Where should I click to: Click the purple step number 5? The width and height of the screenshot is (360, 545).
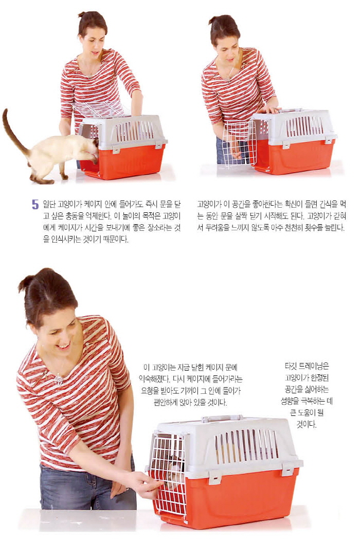[x=35, y=205]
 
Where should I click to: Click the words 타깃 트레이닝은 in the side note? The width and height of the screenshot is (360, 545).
[x=307, y=366]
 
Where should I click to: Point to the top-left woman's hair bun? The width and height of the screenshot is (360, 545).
[x=82, y=14]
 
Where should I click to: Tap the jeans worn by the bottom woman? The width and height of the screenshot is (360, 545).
[x=87, y=486]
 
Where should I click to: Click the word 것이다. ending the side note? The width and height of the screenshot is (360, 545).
[x=307, y=424]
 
